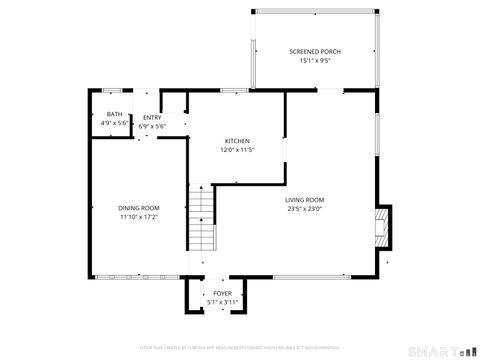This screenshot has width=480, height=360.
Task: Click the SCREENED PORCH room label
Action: pos(314,51)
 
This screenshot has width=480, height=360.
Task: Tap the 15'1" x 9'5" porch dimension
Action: pos(314,61)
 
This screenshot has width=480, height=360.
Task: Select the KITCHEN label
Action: pos(237,141)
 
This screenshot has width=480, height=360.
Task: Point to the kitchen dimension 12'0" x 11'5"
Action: pos(237,150)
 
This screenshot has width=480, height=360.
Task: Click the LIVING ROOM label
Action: pos(305,199)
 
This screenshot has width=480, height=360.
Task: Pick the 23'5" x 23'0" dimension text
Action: pos(305,208)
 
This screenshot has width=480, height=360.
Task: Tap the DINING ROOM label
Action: pos(139,207)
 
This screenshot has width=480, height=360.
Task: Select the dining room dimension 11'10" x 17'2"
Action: pos(139,216)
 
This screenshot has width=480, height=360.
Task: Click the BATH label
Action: pos(114,114)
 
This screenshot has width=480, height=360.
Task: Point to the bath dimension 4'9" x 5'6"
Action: pos(114,123)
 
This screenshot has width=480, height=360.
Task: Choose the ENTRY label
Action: pos(151,118)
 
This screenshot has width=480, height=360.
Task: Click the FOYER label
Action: pos(222,293)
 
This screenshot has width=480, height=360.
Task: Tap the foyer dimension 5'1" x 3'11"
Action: pos(222,302)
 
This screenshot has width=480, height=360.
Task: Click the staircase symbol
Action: pos(202,219)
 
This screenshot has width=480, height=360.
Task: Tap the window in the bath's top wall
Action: pos(113,92)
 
